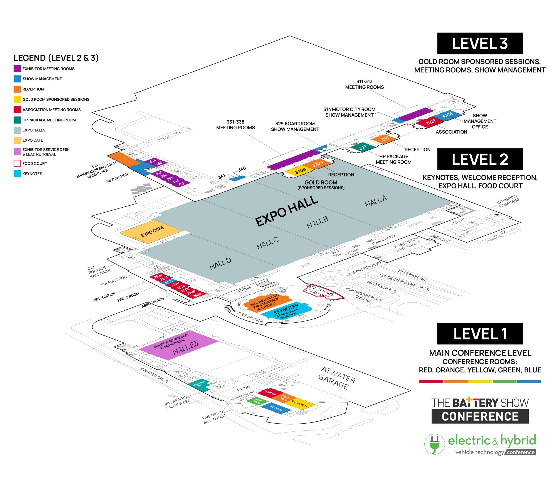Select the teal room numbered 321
coord(363,147)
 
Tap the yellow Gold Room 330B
coord(300,171)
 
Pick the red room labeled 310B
coord(430,122)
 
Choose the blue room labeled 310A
coord(447,115)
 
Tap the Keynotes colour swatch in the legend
coord(17,174)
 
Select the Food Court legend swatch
coord(17,163)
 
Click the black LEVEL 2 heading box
coord(480,159)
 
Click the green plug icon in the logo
coord(434,444)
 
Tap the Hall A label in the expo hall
coord(376,202)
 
